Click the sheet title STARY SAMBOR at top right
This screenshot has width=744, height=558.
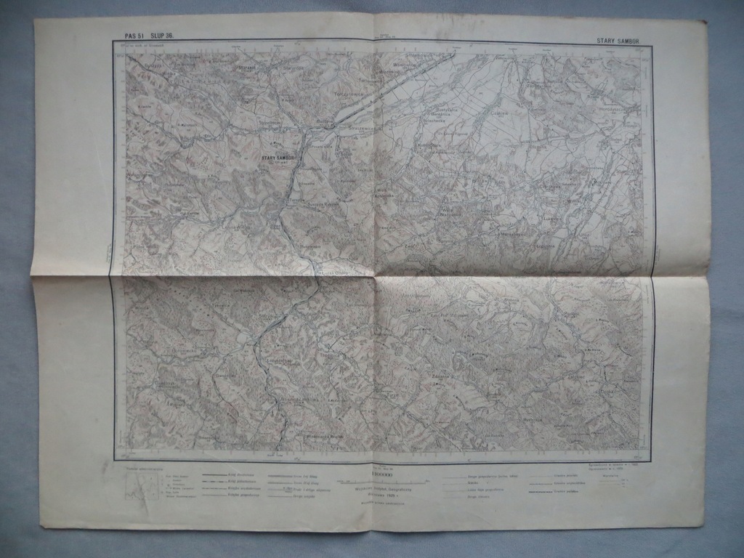coord(618,41)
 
